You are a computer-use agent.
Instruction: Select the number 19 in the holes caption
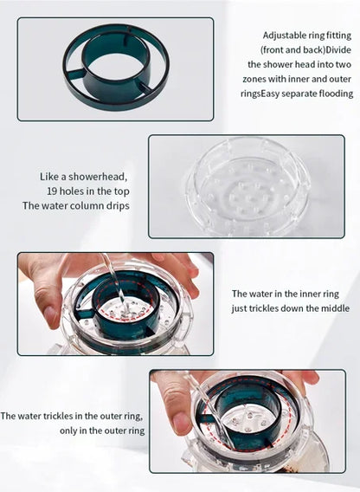[x=53, y=191]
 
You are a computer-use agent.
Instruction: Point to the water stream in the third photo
[x=113, y=277]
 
